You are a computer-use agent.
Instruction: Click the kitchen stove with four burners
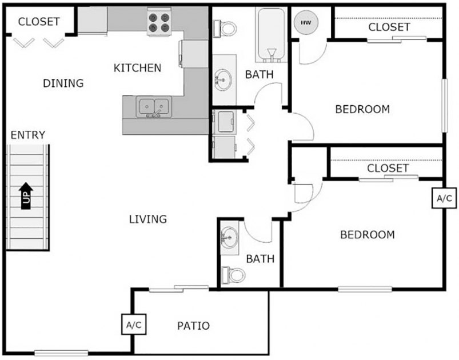160,22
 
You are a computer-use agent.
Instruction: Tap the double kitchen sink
154,106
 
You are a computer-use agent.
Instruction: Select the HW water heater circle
303,22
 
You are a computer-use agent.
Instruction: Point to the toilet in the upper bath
226,27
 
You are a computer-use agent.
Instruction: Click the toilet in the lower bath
233,275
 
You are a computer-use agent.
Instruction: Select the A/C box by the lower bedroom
444,198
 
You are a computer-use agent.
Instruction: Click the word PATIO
193,326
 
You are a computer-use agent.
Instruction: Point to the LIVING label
147,219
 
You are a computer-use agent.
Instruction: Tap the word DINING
63,83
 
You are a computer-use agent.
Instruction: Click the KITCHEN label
137,68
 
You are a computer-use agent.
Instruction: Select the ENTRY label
28,135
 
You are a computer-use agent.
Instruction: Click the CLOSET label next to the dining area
39,22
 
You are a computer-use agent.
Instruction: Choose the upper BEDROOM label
362,109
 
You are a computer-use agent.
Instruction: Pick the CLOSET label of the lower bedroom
388,168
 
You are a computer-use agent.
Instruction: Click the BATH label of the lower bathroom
260,259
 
